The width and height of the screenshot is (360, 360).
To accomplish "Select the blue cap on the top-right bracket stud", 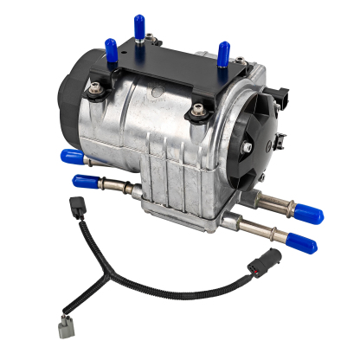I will [x=223, y=53].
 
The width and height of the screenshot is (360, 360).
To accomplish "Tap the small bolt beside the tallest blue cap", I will [x=151, y=36].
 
